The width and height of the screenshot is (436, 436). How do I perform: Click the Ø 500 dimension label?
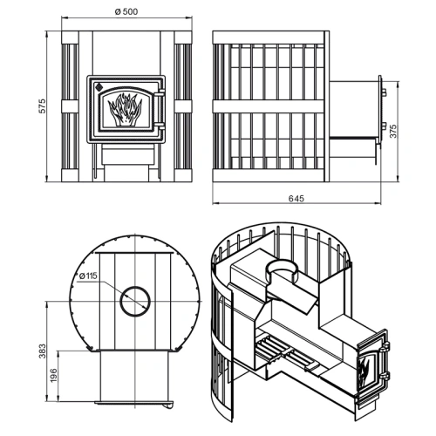126,11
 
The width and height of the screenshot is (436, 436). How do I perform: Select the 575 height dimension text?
43,106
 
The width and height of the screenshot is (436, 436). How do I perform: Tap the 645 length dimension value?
296,199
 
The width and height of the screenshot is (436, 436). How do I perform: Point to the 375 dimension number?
392,132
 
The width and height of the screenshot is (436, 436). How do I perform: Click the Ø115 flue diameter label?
88,276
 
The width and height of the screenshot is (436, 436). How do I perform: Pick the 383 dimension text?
43,351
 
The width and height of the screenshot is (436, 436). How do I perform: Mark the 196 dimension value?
54,376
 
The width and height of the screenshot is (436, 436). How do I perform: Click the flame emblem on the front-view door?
125,110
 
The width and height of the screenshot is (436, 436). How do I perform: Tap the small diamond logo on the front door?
99,85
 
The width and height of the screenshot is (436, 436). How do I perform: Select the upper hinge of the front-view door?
160,93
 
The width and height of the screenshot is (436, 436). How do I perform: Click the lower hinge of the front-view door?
160,126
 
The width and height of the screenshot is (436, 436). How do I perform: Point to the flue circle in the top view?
135,301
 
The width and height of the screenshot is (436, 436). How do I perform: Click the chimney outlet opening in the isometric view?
281,268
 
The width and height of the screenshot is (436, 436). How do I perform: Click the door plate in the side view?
379,112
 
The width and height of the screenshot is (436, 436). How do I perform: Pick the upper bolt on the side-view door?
384,92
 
